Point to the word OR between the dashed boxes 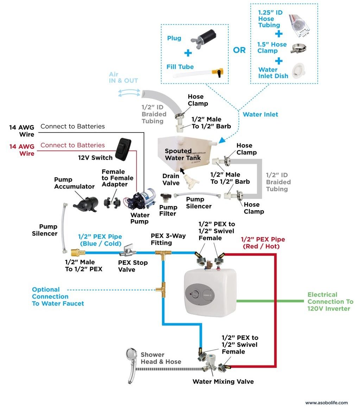coord(239,50)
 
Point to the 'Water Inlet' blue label coord(260,114)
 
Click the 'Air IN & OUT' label coord(123,77)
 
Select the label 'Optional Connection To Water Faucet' coord(58,296)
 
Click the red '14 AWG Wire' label coord(22,149)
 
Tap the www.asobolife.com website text coord(326,403)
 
